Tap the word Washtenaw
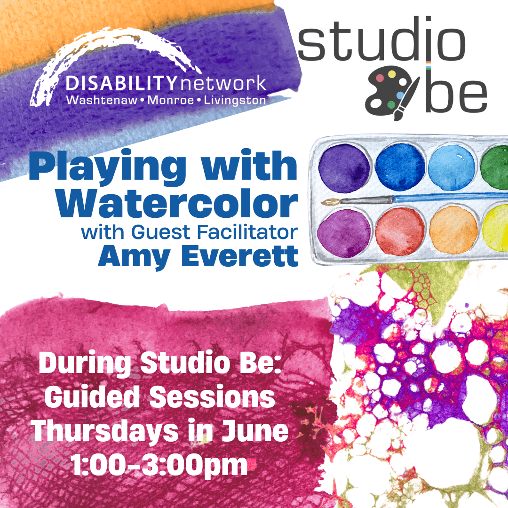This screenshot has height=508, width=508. click(x=102, y=100)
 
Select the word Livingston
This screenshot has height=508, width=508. click(x=235, y=101)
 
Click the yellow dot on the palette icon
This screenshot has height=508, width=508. click(x=392, y=74)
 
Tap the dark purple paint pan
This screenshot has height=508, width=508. click(x=344, y=168)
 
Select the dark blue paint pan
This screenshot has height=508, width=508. click(x=400, y=167)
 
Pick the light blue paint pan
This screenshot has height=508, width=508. click(x=452, y=167)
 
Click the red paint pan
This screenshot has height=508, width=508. click(x=400, y=231)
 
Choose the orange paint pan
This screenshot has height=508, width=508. click(x=453, y=230)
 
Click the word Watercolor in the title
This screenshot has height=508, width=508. click(x=177, y=204)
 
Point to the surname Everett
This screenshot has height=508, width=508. click(x=240, y=255)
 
